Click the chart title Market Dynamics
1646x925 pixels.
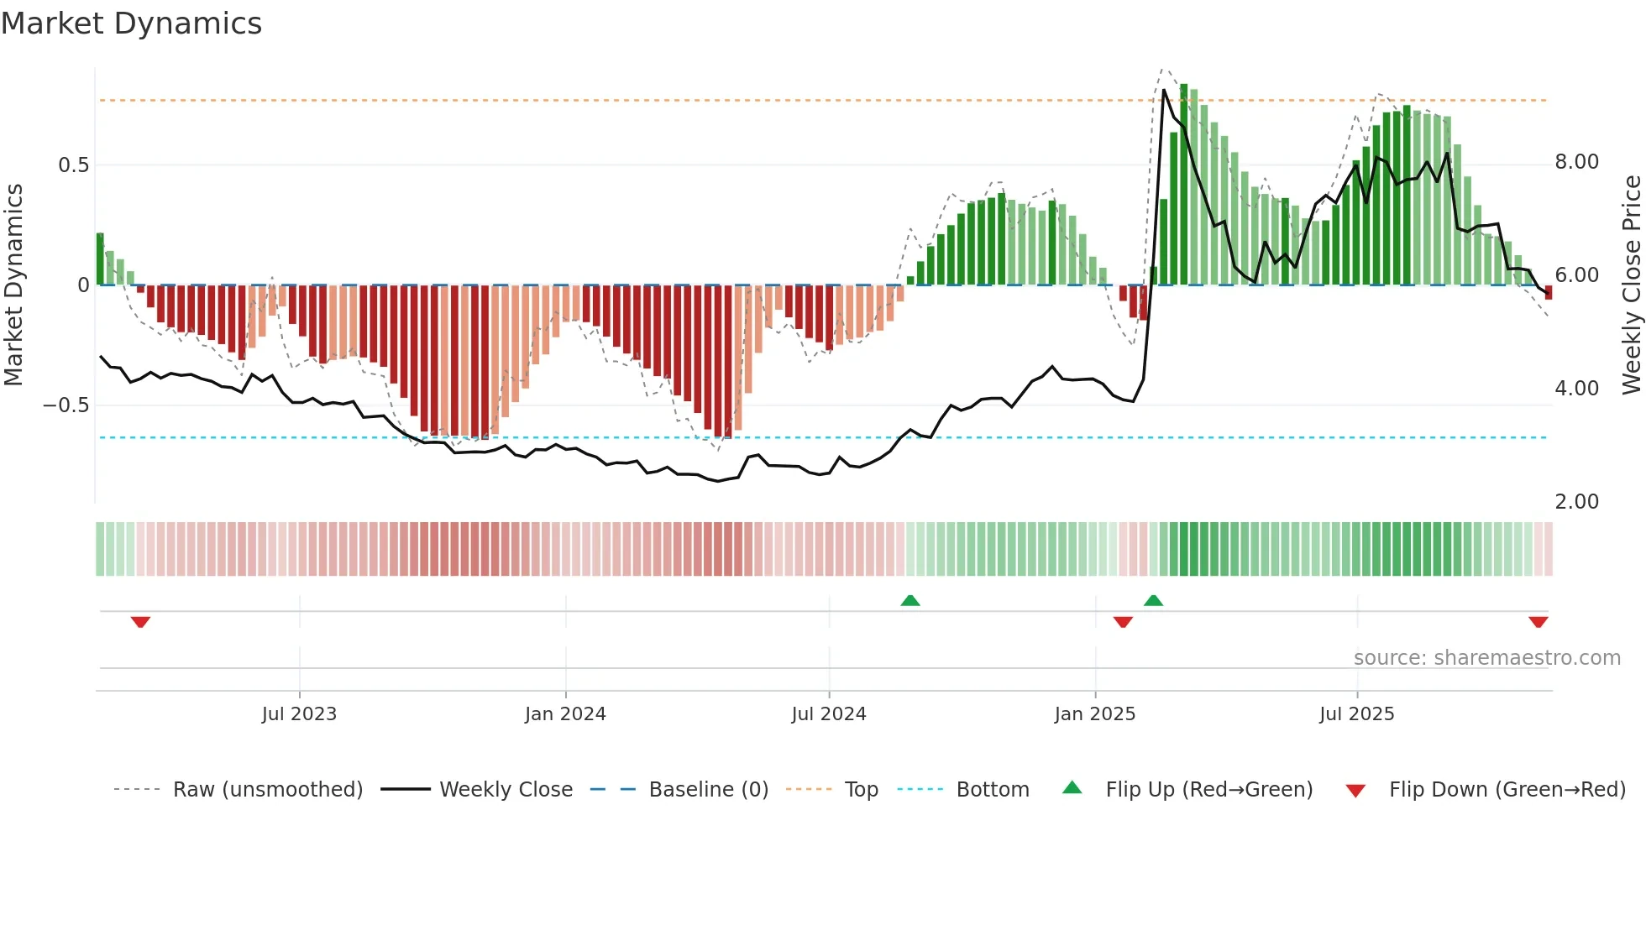pos(131,24)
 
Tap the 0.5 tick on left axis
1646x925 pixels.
pos(73,165)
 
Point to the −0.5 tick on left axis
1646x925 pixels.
pos(66,405)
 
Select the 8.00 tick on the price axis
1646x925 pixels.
pos(1576,162)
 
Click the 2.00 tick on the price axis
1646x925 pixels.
pos(1576,502)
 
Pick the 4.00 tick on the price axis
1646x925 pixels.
pos(1576,389)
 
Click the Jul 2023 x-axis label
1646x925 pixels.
pos(299,714)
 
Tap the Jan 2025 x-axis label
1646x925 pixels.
pos(1094,714)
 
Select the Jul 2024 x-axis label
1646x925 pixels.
pos(828,714)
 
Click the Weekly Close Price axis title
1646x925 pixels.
pos(1631,285)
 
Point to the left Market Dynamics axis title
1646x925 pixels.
pos(13,285)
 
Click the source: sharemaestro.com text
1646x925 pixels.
pos(1486,658)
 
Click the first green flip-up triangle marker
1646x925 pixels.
pos(909,600)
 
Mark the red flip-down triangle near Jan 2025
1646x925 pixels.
pos(1123,622)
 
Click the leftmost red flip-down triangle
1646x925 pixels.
pos(140,622)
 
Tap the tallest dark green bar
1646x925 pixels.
pos(1183,185)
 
